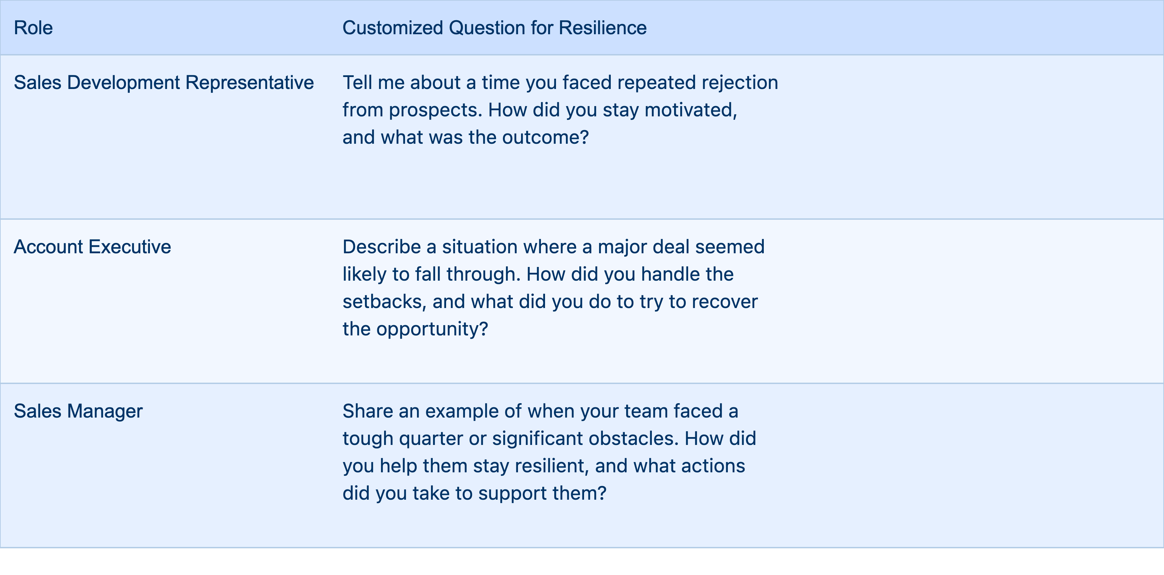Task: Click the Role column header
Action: (x=33, y=28)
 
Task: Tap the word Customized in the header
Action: (x=393, y=28)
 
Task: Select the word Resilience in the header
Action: (x=603, y=28)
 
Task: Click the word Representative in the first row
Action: (x=250, y=83)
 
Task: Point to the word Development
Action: (x=123, y=83)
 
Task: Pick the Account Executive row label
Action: (x=92, y=247)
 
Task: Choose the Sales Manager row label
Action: (x=78, y=411)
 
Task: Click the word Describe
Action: (x=382, y=247)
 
